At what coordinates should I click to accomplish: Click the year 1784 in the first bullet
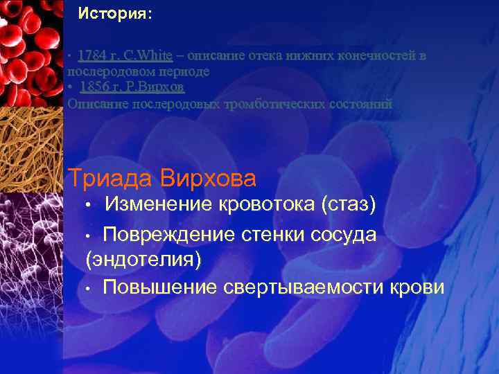tap(91, 55)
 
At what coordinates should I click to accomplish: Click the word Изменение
tap(158, 204)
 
